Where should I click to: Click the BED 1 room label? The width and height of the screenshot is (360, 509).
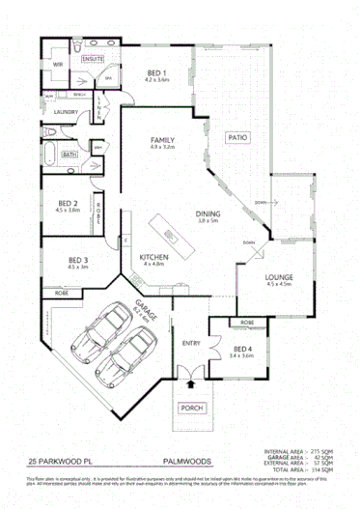pyautogui.click(x=156, y=73)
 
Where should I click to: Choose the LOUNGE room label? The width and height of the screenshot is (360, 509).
pyautogui.click(x=279, y=278)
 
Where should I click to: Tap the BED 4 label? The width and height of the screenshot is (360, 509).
pyautogui.click(x=241, y=349)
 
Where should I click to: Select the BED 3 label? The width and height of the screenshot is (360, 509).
pyautogui.click(x=78, y=260)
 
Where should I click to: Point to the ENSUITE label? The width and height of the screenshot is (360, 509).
pyautogui.click(x=93, y=59)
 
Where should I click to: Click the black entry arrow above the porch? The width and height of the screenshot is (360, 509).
pyautogui.click(x=190, y=383)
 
